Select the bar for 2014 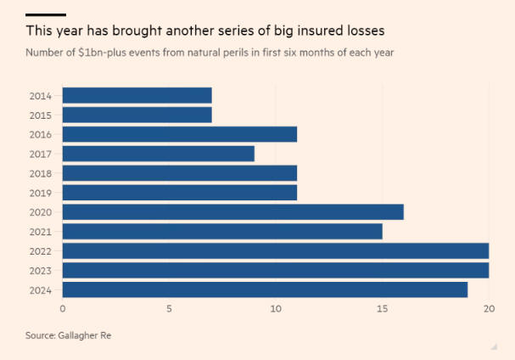[137, 95]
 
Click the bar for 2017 [158, 154]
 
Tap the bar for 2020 [232, 212]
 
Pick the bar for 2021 [222, 232]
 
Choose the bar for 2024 [265, 290]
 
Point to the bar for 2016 [179, 134]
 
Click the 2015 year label [39, 115]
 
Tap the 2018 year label [39, 173]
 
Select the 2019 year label [39, 193]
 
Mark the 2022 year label [39, 251]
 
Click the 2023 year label [39, 271]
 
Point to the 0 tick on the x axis [63, 309]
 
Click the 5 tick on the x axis [169, 309]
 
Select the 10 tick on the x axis [276, 309]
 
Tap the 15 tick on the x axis [382, 309]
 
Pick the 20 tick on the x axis [488, 309]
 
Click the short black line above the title [46, 14]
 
